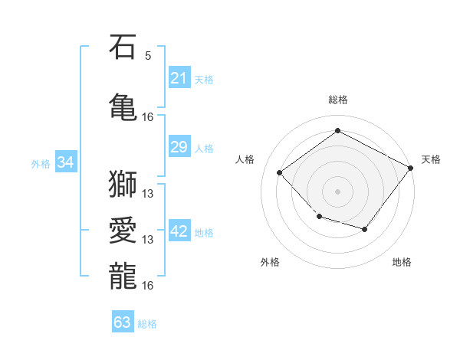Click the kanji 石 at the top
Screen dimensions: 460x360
(123, 46)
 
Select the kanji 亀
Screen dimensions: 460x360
(123, 106)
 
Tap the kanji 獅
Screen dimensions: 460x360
(123, 184)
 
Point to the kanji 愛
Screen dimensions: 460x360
(123, 230)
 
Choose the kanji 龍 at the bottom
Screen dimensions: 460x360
(123, 276)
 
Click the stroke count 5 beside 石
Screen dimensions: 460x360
(148, 56)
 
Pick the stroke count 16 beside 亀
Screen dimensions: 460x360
(147, 117)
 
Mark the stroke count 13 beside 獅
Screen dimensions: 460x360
(147, 194)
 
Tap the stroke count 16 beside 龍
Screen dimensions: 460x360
(147, 286)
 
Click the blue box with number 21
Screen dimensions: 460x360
(179, 77)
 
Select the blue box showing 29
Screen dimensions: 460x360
(179, 146)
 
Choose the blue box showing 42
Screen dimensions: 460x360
(179, 230)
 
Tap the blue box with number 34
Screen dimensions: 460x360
(66, 162)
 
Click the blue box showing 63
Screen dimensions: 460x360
(123, 321)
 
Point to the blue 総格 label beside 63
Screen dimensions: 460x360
(147, 324)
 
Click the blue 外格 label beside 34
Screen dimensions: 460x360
(41, 164)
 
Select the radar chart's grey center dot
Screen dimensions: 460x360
(337, 191)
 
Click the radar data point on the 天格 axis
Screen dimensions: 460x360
(410, 168)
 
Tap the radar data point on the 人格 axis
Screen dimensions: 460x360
(279, 172)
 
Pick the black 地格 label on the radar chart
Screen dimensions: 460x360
(402, 262)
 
